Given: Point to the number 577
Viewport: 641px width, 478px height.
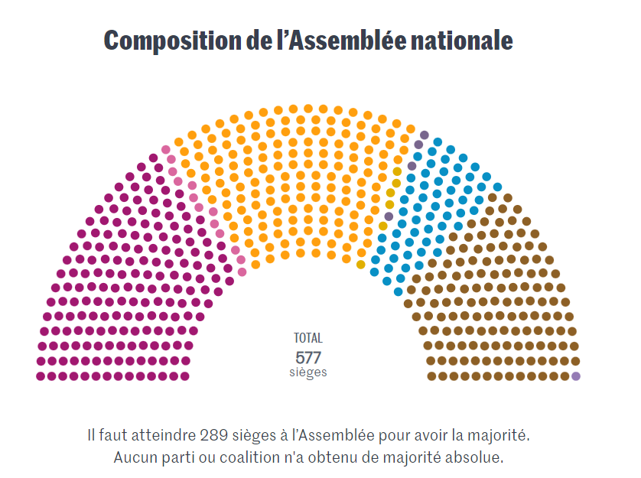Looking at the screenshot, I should (308, 357).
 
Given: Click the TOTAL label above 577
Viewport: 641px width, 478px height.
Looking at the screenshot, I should (308, 337).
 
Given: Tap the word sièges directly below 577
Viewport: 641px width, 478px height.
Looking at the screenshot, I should (308, 372).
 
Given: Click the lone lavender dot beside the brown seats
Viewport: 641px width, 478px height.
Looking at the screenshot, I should (576, 376).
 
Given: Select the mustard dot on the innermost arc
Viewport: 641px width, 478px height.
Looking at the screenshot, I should (361, 265).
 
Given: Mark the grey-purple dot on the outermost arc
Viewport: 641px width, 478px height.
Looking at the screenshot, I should (425, 135).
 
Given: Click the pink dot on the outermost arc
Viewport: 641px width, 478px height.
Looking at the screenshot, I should (166, 150).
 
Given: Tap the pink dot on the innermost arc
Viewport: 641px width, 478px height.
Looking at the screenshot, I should (242, 272).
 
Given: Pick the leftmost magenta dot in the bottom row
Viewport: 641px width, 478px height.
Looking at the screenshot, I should (41, 376).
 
